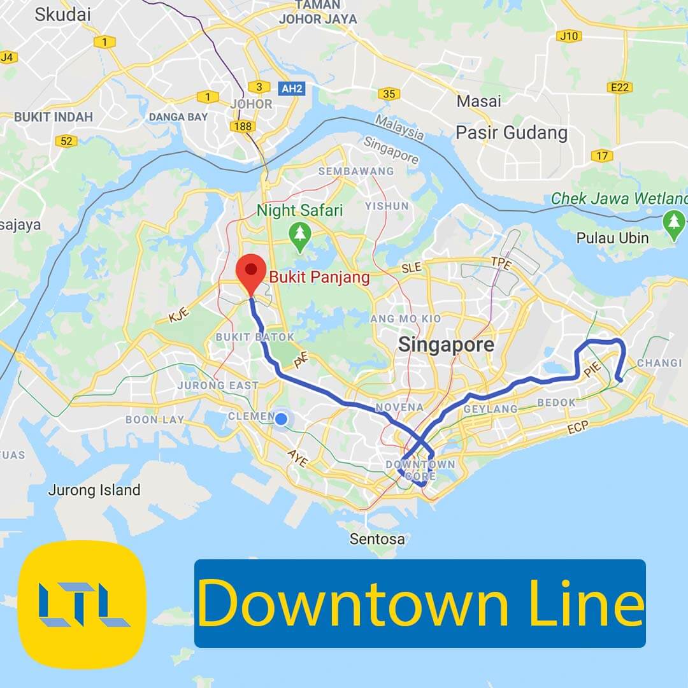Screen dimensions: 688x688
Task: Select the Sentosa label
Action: (377, 539)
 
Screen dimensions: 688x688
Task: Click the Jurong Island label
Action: (94, 490)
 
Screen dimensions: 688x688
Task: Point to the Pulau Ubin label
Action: (612, 238)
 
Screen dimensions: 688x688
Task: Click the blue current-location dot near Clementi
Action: (280, 419)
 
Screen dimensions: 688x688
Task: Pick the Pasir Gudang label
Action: (511, 133)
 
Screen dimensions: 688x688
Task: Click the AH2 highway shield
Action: (292, 89)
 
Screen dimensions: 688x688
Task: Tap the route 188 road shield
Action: (243, 126)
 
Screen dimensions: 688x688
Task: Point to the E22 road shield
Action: (620, 87)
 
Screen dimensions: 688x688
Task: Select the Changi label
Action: (659, 363)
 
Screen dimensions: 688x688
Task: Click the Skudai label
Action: (62, 15)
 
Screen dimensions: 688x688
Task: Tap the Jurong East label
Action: (218, 385)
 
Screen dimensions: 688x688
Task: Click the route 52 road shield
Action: (66, 141)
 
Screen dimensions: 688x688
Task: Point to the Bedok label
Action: (556, 403)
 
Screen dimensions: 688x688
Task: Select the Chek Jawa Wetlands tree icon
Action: (674, 224)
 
